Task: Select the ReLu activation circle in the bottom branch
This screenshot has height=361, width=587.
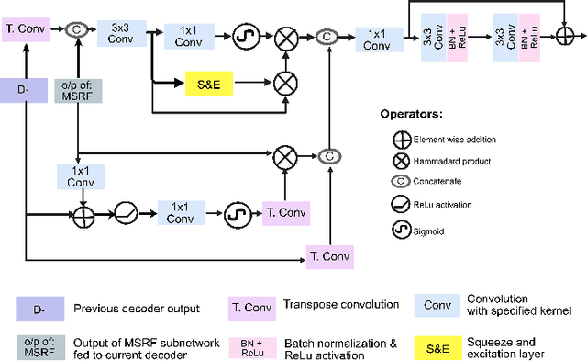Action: tap(127, 215)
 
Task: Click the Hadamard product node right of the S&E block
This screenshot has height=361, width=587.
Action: tap(285, 84)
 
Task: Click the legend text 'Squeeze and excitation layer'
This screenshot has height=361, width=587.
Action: tap(527, 348)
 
